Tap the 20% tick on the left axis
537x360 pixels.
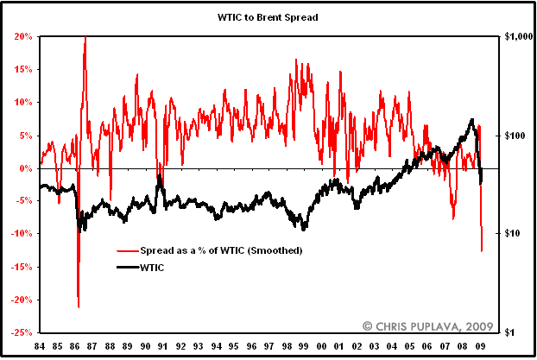tap(22, 37)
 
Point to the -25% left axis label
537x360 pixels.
tap(22, 332)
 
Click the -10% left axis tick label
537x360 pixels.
tap(22, 234)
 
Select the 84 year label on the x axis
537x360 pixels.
tap(39, 346)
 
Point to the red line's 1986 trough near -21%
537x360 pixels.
tap(79, 306)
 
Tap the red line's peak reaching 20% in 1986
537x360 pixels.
tap(85, 38)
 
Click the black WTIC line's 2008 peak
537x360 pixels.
tap(471, 120)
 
